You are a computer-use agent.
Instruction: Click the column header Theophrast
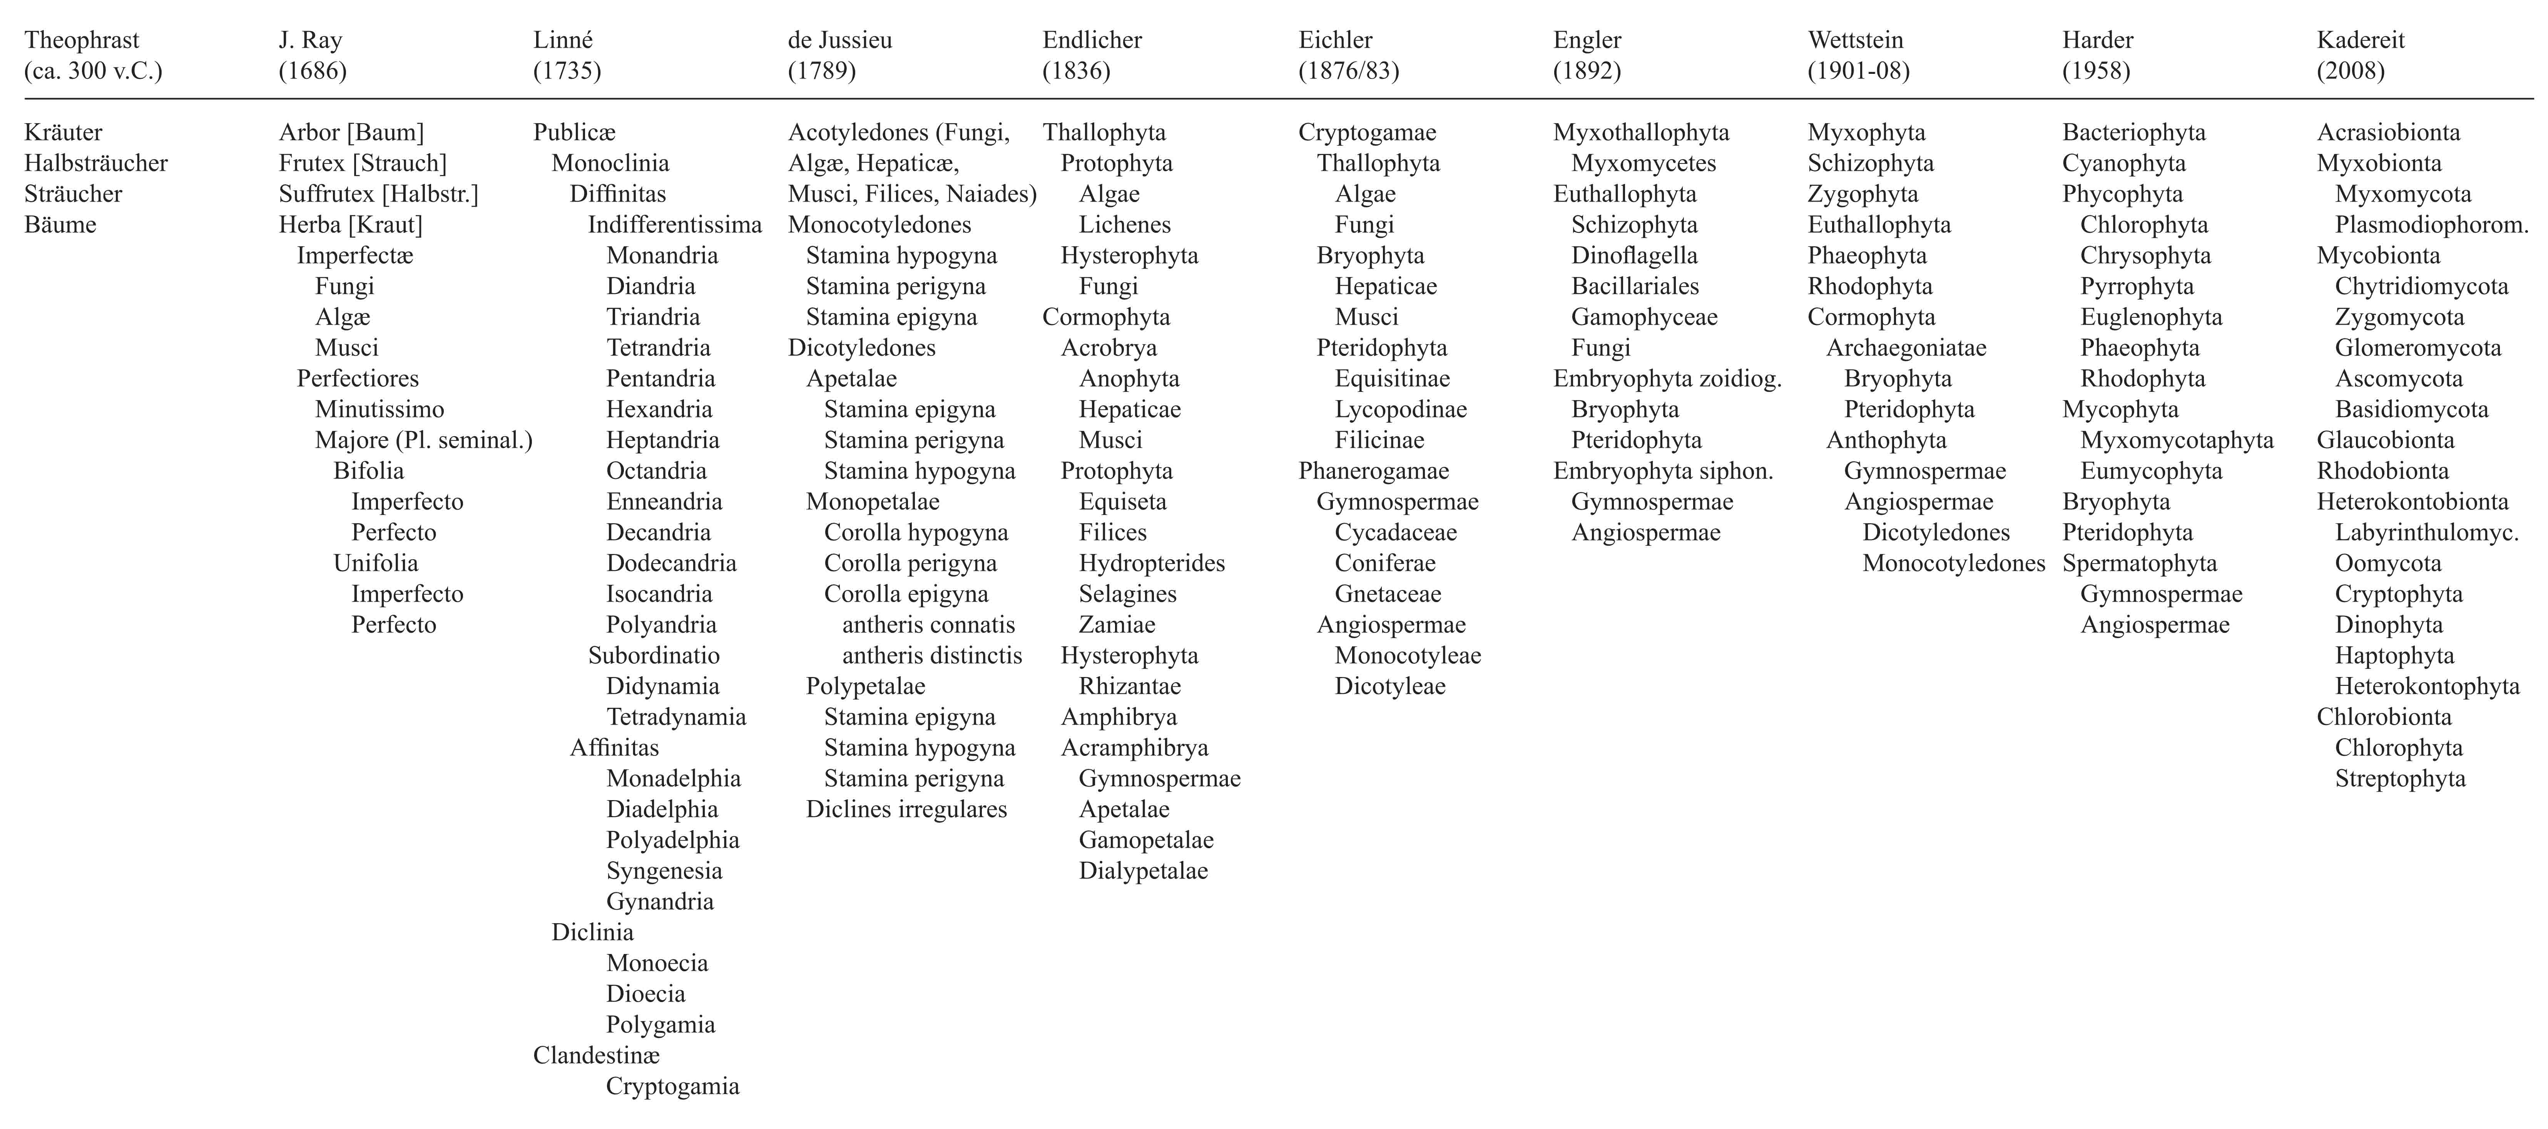click(x=82, y=40)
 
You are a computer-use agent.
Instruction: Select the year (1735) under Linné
click(x=567, y=71)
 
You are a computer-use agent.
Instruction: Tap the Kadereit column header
click(x=2360, y=40)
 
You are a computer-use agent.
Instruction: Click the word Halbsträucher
click(x=96, y=163)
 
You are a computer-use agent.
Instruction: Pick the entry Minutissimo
click(x=379, y=409)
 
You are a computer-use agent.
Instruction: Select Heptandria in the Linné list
click(x=663, y=440)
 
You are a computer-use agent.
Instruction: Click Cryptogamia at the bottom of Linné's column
click(x=673, y=1086)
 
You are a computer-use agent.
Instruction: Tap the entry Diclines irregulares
click(x=906, y=810)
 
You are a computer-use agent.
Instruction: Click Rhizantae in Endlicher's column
click(x=1130, y=686)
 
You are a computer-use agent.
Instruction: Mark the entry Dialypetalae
click(x=1144, y=871)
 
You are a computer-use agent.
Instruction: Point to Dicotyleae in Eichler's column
click(x=1390, y=686)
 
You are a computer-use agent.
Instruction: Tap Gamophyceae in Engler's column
click(x=1644, y=317)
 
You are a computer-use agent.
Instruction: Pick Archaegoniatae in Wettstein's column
click(x=1906, y=348)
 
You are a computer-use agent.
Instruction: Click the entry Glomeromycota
click(x=2418, y=348)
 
